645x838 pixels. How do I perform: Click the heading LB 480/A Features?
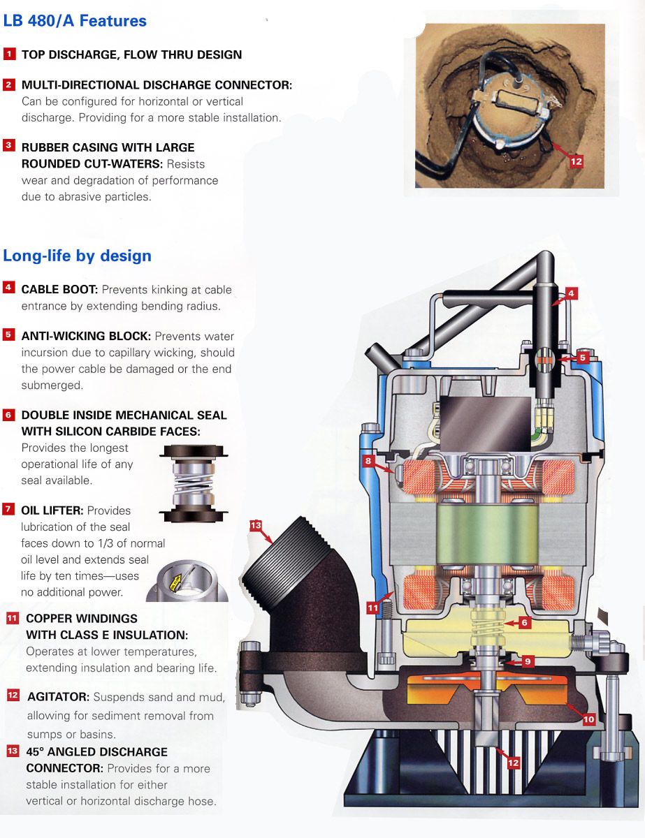(75, 21)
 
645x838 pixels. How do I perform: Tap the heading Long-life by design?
(77, 256)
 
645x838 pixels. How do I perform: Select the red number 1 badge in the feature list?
(9, 54)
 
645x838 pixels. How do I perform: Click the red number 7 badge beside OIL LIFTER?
(8, 509)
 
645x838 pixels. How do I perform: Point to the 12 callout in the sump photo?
(576, 161)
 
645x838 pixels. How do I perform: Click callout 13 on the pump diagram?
(256, 526)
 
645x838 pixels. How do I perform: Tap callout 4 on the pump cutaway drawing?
(571, 294)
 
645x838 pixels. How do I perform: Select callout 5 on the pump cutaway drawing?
(583, 358)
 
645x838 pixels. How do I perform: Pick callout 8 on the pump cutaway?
(368, 460)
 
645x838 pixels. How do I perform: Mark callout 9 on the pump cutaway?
(528, 661)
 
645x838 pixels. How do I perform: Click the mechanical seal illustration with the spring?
(194, 483)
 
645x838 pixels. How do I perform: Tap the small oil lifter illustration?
(187, 581)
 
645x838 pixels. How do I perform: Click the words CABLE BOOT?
(60, 290)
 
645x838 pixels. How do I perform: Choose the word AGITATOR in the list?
(58, 697)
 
